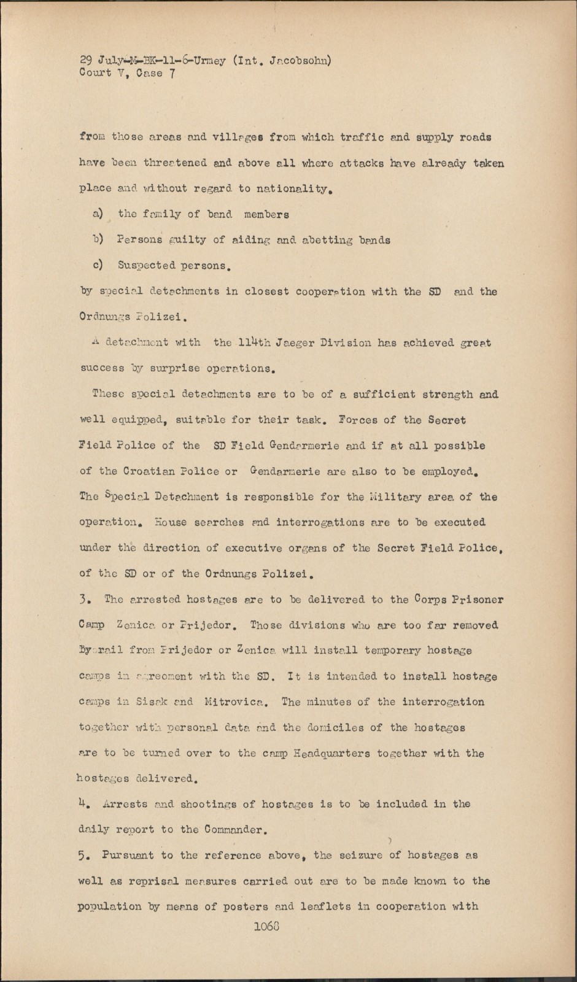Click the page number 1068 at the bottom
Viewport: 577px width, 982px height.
(266, 927)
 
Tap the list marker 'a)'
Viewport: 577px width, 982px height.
(98, 214)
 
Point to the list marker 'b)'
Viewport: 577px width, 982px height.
(98, 240)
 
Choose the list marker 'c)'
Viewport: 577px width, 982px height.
(98, 266)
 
